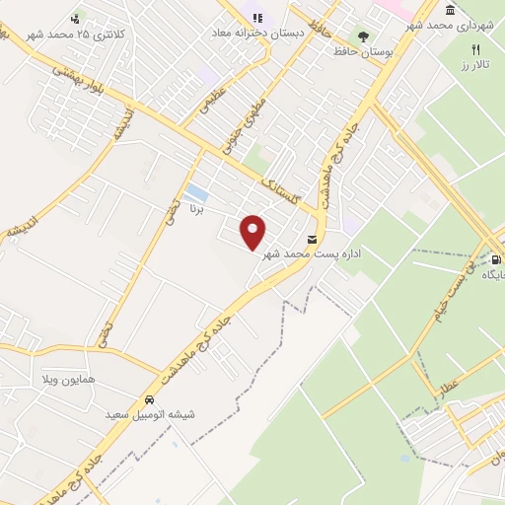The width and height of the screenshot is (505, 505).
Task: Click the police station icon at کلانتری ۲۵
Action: tap(76, 18)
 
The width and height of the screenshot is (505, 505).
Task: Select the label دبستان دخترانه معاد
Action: tap(257, 33)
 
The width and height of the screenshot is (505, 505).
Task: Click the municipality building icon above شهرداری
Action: tap(451, 10)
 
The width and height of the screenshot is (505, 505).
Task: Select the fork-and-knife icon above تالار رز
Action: tap(475, 49)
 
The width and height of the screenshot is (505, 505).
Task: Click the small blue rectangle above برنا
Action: tap(196, 191)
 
